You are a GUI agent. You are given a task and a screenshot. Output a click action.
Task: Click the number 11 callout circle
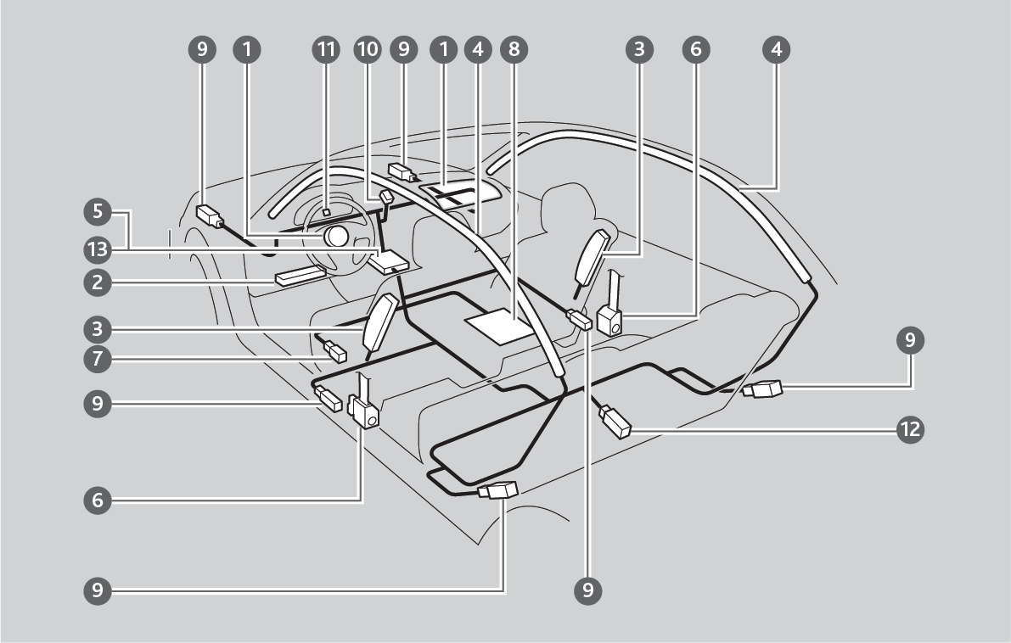click(x=323, y=51)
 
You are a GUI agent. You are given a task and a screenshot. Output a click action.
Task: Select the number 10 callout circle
click(x=367, y=51)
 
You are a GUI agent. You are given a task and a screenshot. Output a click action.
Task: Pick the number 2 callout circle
click(x=98, y=283)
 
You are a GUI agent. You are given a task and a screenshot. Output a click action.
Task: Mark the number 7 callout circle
click(x=98, y=359)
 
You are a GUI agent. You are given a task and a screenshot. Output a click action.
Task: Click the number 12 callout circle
click(x=910, y=429)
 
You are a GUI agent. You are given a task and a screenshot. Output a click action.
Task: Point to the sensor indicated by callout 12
click(x=615, y=422)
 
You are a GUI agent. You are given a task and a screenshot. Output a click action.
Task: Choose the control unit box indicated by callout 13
click(x=388, y=261)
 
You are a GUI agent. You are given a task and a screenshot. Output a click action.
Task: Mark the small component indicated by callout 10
click(x=385, y=198)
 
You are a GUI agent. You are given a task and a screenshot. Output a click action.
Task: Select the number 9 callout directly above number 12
click(x=910, y=341)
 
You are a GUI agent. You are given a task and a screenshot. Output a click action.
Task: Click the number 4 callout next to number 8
click(x=478, y=51)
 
